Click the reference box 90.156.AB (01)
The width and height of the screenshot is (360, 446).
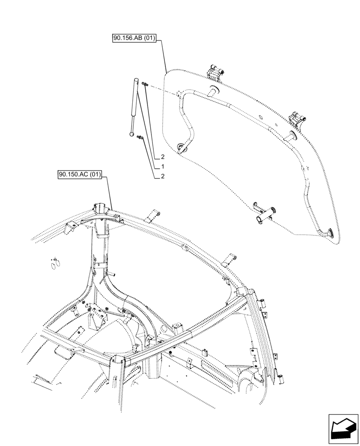tap(134, 39)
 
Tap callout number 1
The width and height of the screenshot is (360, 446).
tap(163, 166)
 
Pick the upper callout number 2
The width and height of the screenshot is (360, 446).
tap(163, 157)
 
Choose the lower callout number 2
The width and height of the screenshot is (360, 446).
tap(163, 176)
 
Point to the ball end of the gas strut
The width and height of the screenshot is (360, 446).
tap(132, 132)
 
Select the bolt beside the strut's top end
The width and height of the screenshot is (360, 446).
tap(143, 84)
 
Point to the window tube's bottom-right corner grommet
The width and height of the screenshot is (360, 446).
tap(331, 232)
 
